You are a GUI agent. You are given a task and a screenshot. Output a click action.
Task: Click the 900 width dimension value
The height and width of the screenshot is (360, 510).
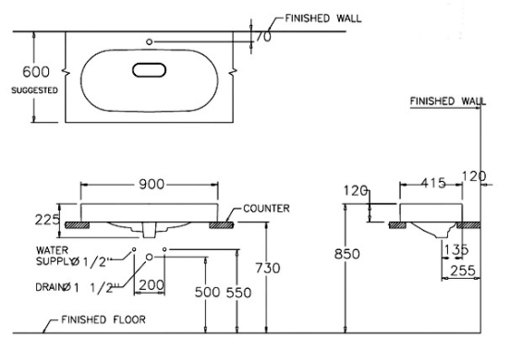coord(152,185)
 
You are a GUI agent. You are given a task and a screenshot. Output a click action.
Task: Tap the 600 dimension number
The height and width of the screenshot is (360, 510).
coord(36,71)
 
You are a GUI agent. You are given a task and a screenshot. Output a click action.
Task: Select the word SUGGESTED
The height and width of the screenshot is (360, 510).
coord(34,90)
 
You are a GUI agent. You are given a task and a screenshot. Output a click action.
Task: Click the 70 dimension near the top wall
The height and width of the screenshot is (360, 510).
coord(263,37)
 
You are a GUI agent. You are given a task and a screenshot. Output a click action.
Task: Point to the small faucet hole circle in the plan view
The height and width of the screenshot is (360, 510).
coord(150,42)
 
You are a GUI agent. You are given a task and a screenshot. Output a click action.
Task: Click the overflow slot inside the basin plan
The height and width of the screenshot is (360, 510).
coord(150,70)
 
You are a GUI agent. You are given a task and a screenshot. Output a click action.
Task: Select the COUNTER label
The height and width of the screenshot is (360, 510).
coord(266,209)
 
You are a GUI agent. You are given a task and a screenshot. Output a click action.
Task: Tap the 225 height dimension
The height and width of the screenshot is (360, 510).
coord(47,220)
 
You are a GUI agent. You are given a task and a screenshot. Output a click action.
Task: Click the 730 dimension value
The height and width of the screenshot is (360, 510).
coord(267,268)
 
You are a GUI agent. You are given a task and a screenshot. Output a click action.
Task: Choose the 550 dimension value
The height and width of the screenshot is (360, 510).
coord(238,293)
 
